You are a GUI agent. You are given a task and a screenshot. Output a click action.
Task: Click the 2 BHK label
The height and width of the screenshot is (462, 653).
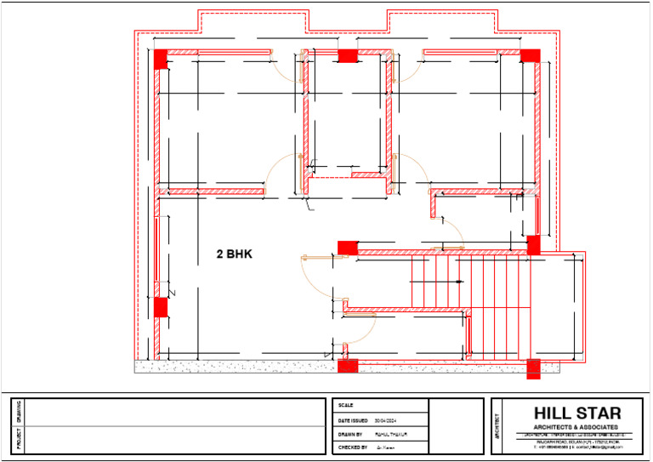[x=235, y=254]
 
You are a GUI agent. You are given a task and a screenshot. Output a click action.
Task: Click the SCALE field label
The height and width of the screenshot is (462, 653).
[x=345, y=406]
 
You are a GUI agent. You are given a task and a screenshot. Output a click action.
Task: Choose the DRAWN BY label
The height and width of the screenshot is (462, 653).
[x=350, y=434]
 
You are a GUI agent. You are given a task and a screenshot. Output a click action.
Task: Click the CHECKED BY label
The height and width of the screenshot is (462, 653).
[x=353, y=447]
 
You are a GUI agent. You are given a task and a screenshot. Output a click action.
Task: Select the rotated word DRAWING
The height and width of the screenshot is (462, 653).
[x=19, y=412]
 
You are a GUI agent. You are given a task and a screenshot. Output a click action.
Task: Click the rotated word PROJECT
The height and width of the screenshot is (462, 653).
[x=19, y=440]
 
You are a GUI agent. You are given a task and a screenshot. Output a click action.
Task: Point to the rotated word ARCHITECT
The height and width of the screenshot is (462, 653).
[x=497, y=426]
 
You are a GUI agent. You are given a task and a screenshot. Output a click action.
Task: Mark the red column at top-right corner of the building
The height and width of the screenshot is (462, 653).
[x=530, y=56]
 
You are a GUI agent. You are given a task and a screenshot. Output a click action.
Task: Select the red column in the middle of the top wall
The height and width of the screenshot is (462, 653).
[x=347, y=56]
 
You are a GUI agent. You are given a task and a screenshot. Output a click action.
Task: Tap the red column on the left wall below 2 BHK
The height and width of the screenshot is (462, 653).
[x=160, y=306]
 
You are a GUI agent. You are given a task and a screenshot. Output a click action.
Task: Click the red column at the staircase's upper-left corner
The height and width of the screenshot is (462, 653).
[x=348, y=248]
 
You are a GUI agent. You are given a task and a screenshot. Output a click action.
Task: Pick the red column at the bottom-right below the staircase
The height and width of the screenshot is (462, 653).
[x=533, y=368]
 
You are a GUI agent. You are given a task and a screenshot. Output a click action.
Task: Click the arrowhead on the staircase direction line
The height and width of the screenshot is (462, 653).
[x=460, y=281]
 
